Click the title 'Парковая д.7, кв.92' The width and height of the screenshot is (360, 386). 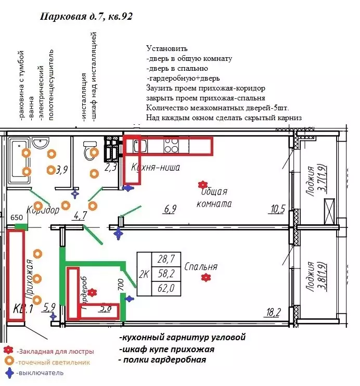pos(86,17)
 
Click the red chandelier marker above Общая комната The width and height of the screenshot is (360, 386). pos(202,184)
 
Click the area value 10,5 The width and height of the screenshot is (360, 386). pos(277,209)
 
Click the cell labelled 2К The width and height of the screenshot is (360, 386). pos(144,272)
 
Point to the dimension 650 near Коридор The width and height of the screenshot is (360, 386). pos(17,217)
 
